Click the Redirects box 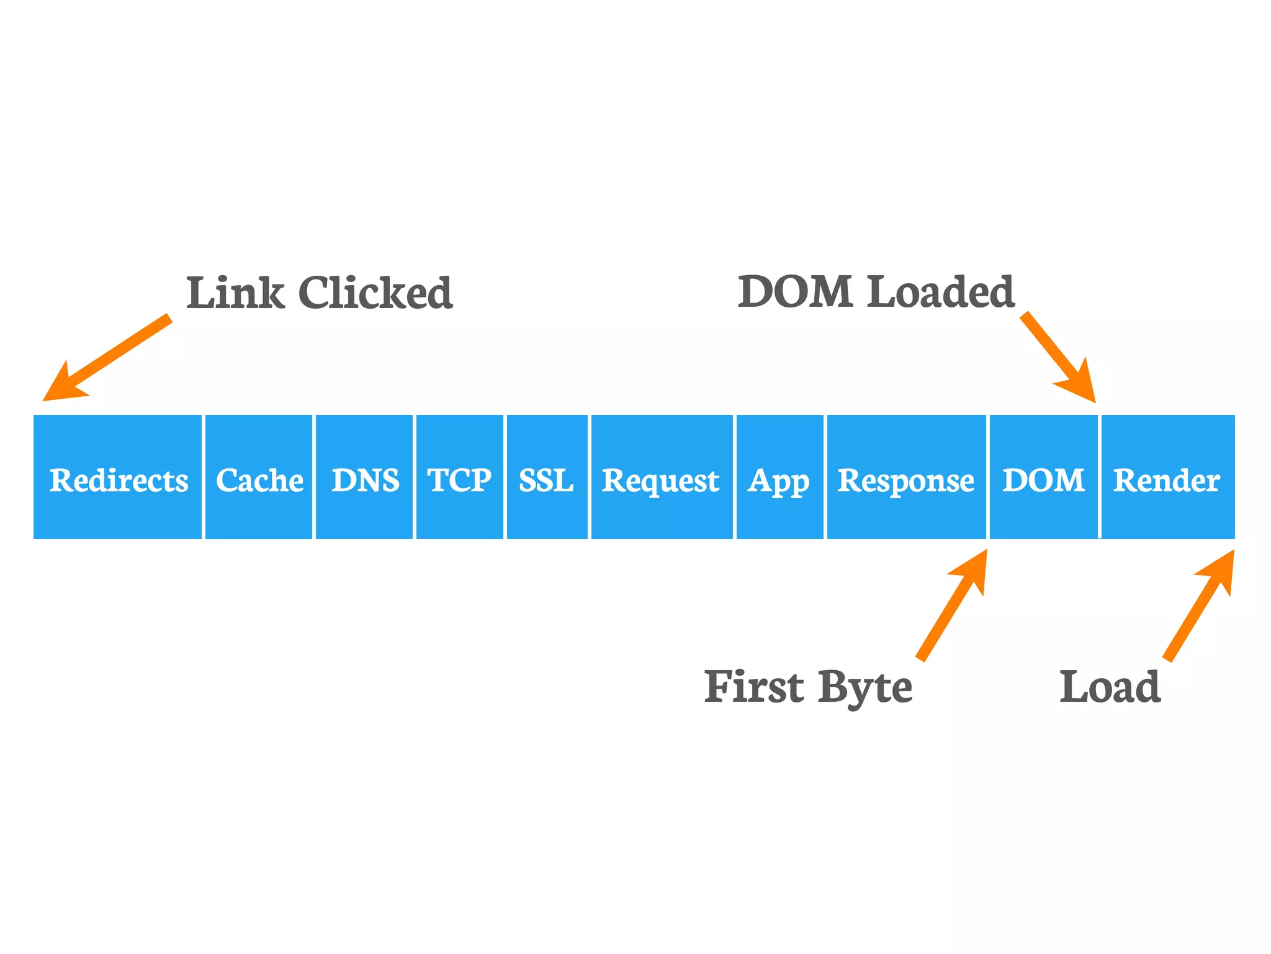[118, 477]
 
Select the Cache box [259, 477]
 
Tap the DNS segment [364, 477]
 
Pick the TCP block [459, 477]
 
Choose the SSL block [547, 477]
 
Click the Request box [662, 477]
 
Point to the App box [779, 477]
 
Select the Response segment [906, 477]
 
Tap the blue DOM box [1043, 477]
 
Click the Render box [1167, 477]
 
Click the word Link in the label [235, 293]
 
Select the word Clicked [375, 293]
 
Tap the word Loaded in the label [940, 291]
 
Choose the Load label [1110, 687]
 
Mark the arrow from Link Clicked [109, 357]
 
